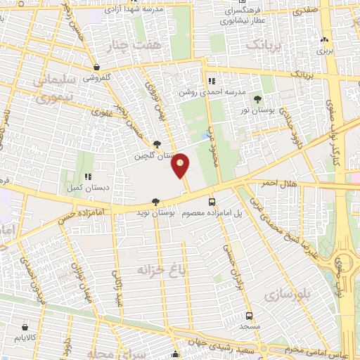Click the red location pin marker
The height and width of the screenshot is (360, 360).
181,165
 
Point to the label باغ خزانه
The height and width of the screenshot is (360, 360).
145,270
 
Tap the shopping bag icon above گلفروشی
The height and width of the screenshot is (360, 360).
96,67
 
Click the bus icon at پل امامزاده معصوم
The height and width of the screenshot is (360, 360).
212,201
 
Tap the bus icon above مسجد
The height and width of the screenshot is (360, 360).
249,316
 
